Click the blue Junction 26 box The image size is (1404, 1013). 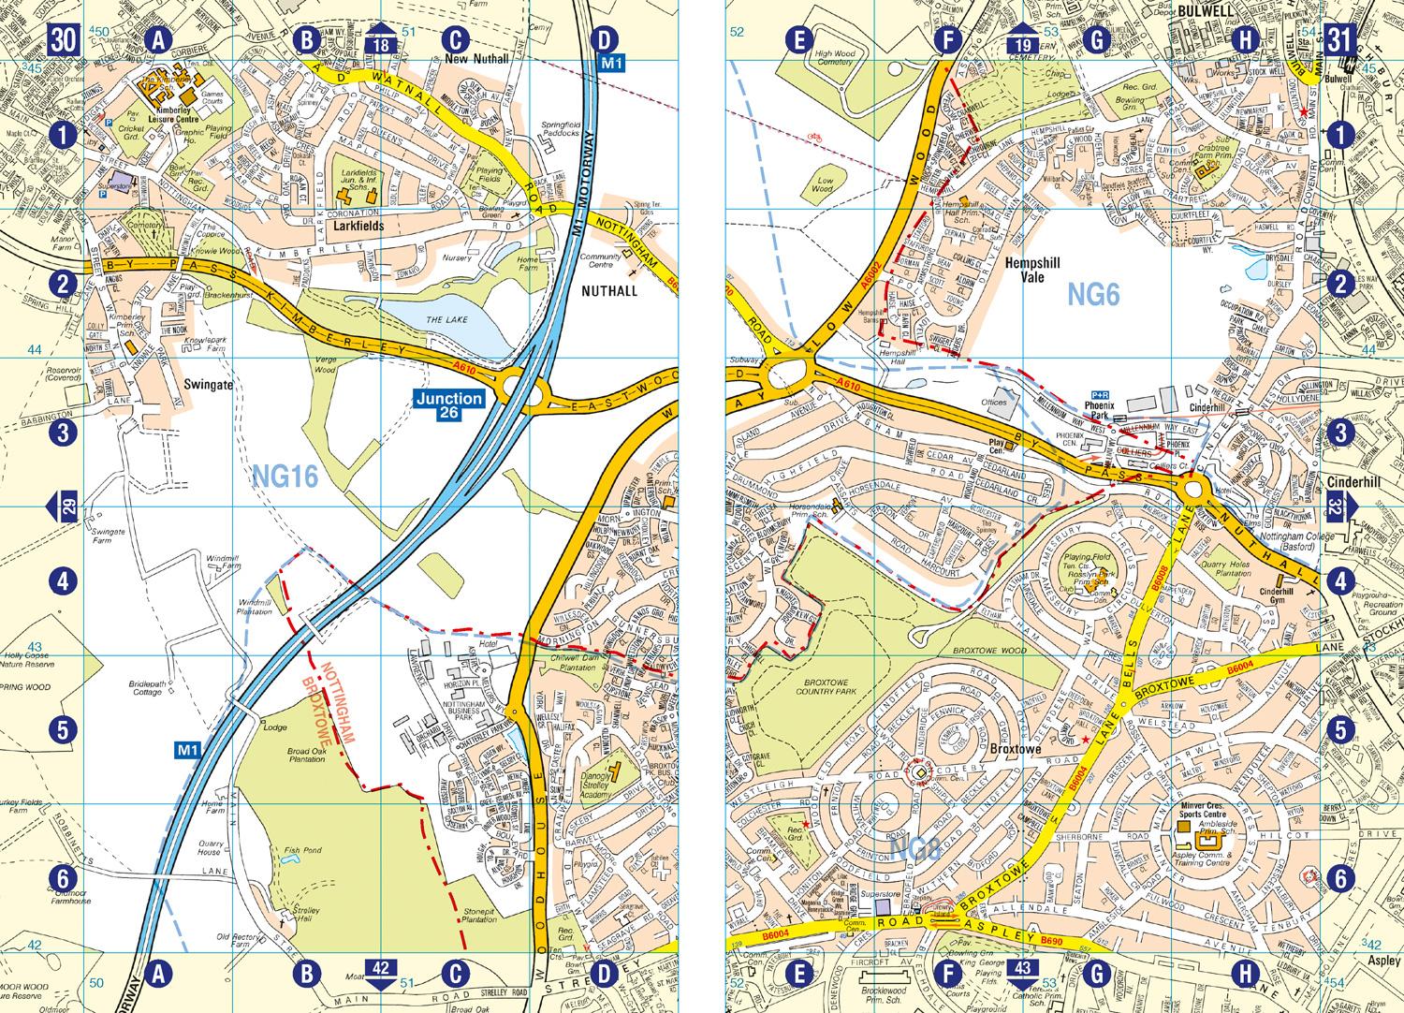pyautogui.click(x=450, y=405)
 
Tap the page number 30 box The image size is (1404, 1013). pyautogui.click(x=64, y=40)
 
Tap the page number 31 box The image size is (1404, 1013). pyautogui.click(x=1339, y=40)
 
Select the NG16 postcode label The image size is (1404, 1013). pyautogui.click(x=285, y=477)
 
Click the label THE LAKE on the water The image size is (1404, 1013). pyautogui.click(x=446, y=320)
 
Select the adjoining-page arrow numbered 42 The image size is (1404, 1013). pyautogui.click(x=380, y=976)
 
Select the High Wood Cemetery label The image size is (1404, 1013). pyautogui.click(x=835, y=59)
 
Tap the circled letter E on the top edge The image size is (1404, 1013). pyautogui.click(x=797, y=40)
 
